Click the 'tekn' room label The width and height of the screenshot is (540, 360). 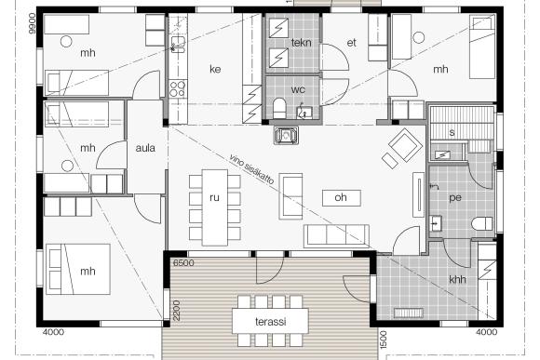tap(301, 43)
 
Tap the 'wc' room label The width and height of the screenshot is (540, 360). tap(298, 90)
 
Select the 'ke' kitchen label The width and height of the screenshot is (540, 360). tap(215, 69)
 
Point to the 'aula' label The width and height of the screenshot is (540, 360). tap(145, 148)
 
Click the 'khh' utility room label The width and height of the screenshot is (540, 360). tap(457, 279)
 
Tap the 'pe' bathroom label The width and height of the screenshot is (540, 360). tap(455, 198)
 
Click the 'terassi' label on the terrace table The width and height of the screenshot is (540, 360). tap(271, 322)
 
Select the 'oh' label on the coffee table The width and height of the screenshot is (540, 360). tap(341, 197)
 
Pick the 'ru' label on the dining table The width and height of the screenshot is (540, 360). tap(214, 197)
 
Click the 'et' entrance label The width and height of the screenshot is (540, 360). tap(351, 43)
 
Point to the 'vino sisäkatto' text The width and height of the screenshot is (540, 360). tap(251, 169)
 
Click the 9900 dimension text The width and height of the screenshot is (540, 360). tap(33, 23)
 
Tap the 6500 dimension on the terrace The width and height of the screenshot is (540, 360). tap(183, 263)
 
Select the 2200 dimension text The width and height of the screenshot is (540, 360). tap(176, 310)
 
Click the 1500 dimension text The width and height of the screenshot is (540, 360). tap(383, 340)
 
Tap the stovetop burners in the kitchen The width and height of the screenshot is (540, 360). tap(178, 88)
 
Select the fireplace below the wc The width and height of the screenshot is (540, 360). tap(286, 135)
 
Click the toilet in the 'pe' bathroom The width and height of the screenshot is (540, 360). tap(482, 223)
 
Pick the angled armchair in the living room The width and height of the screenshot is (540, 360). tap(405, 144)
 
